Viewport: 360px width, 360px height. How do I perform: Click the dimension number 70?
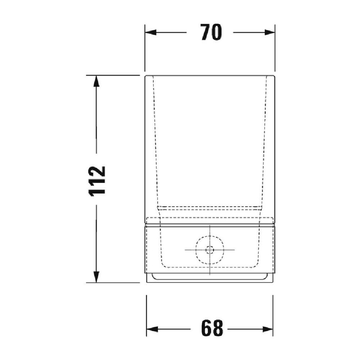pyautogui.click(x=211, y=33)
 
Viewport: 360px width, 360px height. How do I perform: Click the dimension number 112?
pyautogui.click(x=98, y=180)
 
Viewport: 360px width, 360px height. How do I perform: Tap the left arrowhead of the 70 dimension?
pyautogui.click(x=150, y=33)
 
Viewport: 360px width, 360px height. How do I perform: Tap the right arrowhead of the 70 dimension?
pyautogui.click(x=270, y=33)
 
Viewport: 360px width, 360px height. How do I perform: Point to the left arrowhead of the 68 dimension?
pyautogui.click(x=152, y=329)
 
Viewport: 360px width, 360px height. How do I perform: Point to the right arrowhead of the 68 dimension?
pyautogui.click(x=267, y=329)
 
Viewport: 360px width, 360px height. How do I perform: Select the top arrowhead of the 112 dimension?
pyautogui.click(x=97, y=81)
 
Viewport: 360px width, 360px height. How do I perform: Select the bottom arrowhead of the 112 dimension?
pyautogui.click(x=97, y=277)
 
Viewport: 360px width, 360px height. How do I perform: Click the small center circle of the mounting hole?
pyautogui.click(x=210, y=250)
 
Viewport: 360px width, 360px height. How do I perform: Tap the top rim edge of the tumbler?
pyautogui.click(x=210, y=76)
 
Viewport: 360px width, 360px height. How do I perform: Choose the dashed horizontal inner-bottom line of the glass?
pyautogui.click(x=210, y=208)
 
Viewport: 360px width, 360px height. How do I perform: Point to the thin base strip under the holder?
pyautogui.click(x=210, y=278)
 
